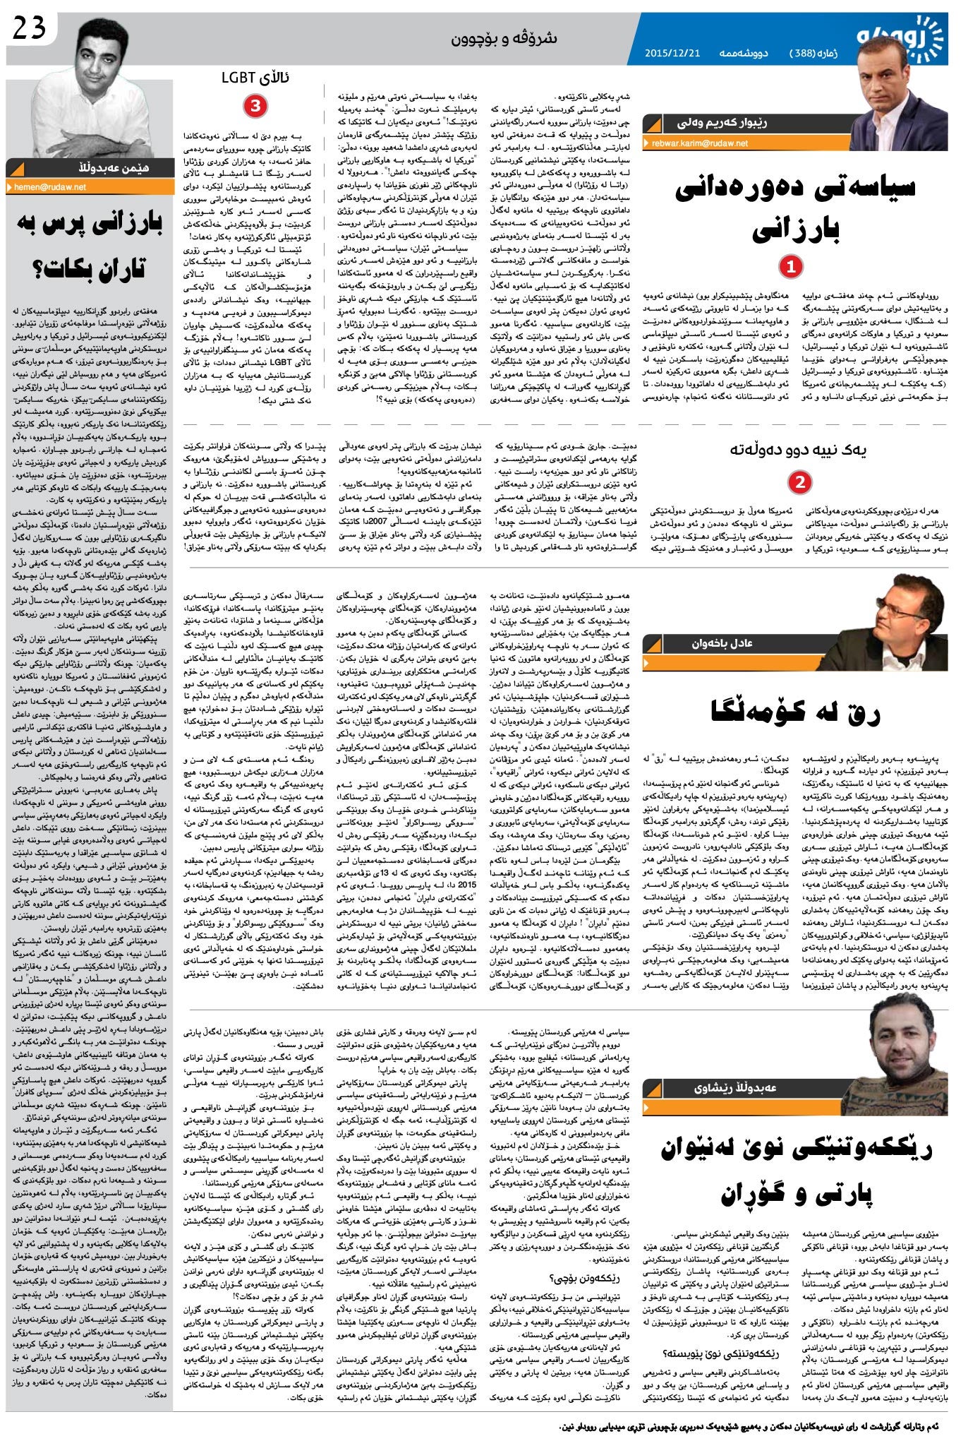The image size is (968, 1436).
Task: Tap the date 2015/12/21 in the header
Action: coord(672,54)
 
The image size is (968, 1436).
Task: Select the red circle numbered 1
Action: coord(791,267)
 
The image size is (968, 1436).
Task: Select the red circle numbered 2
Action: coord(799,482)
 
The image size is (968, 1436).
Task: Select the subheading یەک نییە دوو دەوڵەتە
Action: coord(798,449)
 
